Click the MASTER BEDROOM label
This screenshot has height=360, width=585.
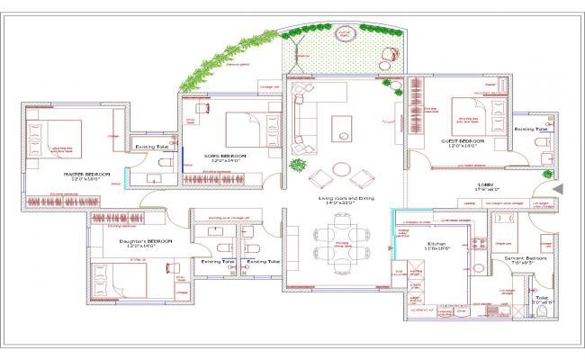point(86,172)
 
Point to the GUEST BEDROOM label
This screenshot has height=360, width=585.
point(464,142)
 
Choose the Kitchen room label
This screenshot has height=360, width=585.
point(436,243)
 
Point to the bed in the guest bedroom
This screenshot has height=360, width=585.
point(469,113)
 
